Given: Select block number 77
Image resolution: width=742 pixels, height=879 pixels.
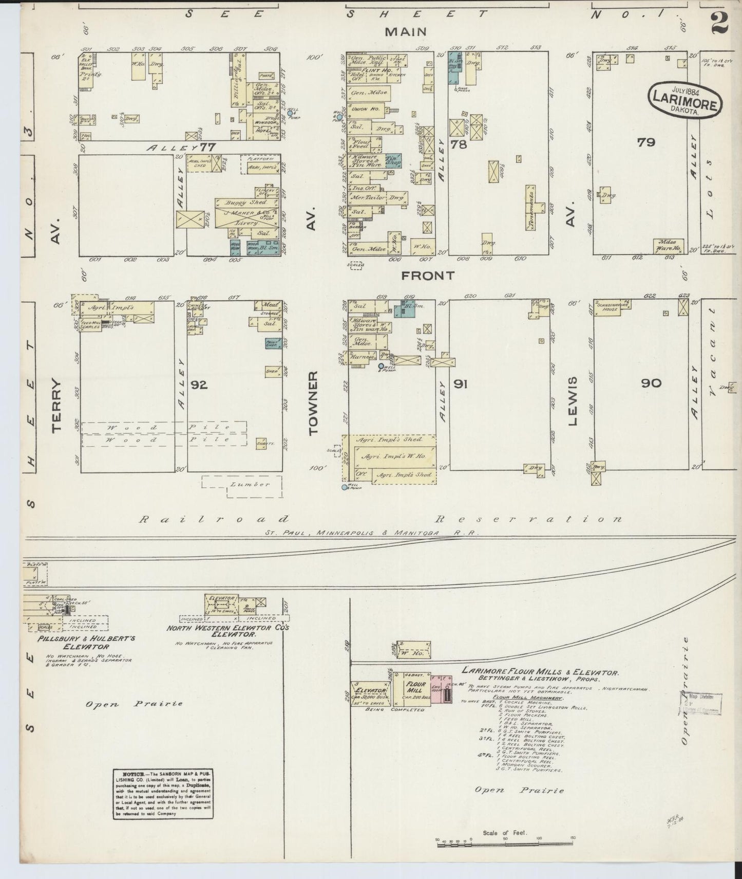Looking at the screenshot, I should click(207, 148).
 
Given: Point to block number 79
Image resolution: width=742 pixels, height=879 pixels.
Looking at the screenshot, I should click(645, 142).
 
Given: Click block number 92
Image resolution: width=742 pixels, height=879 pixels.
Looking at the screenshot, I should click(199, 384).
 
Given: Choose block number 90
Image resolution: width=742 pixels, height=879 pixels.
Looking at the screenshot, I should click(651, 383).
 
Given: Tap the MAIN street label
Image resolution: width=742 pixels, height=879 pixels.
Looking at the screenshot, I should click(406, 32).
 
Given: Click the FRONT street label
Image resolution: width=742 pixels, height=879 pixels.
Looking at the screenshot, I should click(428, 276).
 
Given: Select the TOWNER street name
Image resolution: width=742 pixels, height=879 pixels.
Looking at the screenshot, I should click(313, 404).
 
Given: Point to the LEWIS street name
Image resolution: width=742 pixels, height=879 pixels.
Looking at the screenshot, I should click(573, 401).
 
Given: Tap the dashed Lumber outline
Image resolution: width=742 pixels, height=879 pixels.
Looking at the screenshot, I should click(242, 485).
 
